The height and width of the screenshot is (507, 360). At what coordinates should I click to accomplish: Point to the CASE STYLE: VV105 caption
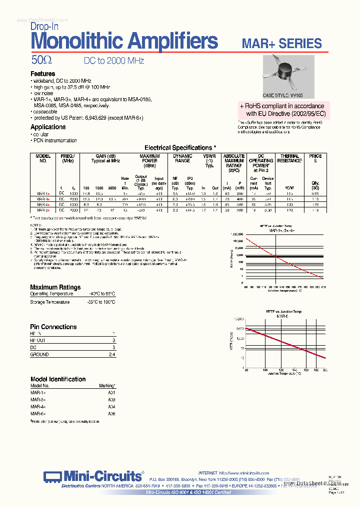click(x=282, y=95)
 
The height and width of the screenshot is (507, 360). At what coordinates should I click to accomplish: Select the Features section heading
click(x=43, y=74)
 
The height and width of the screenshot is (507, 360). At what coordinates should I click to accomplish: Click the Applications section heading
click(x=48, y=127)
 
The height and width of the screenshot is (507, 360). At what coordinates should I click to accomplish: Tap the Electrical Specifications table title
click(x=180, y=148)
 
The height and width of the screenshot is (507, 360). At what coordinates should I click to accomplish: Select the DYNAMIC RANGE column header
click(x=182, y=158)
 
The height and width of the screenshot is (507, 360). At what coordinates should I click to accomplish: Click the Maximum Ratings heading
click(x=55, y=287)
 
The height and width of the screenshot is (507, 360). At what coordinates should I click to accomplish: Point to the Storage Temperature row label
click(x=50, y=302)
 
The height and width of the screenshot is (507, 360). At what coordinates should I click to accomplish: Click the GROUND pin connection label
click(x=39, y=354)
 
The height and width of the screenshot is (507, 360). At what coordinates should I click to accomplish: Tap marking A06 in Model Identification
click(x=111, y=414)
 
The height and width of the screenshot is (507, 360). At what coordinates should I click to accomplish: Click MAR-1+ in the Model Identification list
click(x=38, y=393)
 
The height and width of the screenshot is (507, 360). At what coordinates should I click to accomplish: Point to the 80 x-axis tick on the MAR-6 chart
click(x=246, y=370)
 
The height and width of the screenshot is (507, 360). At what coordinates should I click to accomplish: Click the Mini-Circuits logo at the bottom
click(x=92, y=476)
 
